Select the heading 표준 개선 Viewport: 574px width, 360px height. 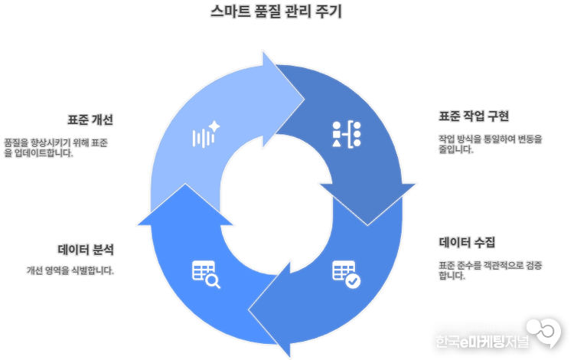pos(90,119)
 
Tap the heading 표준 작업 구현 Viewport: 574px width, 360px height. pos(474,116)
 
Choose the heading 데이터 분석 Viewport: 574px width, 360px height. pos(86,250)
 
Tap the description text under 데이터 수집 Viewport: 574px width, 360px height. pos(491,270)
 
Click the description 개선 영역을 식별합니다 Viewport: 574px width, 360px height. pos(70,270)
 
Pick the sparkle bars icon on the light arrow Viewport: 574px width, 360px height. pos(205,136)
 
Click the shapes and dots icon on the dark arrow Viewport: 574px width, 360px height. pos(347,134)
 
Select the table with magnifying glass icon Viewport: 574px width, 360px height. pos(206,273)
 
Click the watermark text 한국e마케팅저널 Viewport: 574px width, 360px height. pos(486,342)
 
